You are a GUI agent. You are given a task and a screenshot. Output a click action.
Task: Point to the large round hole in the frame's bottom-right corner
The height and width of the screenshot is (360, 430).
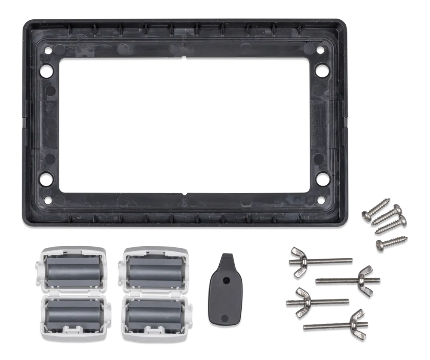coord(322,177)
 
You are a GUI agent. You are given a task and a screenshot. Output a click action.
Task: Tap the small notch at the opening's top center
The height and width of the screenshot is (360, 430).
coord(184,56)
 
